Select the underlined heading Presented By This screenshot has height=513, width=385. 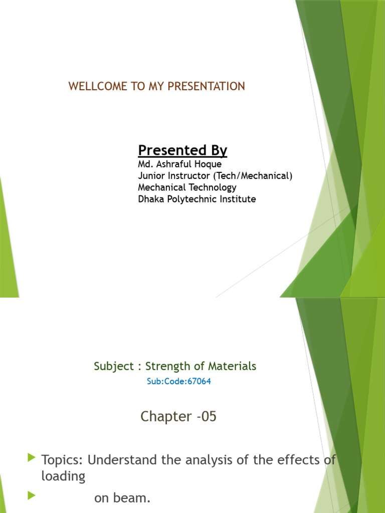pyautogui.click(x=182, y=150)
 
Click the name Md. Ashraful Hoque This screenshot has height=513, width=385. pyautogui.click(x=179, y=164)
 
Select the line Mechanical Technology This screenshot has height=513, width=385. pyautogui.click(x=187, y=187)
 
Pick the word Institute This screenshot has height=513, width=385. pyautogui.click(x=239, y=199)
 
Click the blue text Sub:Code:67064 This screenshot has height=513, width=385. pyautogui.click(x=178, y=381)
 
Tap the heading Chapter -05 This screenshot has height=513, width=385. pyautogui.click(x=178, y=416)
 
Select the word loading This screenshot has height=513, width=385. pyautogui.click(x=63, y=476)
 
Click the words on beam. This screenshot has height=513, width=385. pyautogui.click(x=122, y=498)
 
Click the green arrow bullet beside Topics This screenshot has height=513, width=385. pyautogui.click(x=32, y=457)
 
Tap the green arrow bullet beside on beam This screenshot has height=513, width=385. pyautogui.click(x=32, y=496)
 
